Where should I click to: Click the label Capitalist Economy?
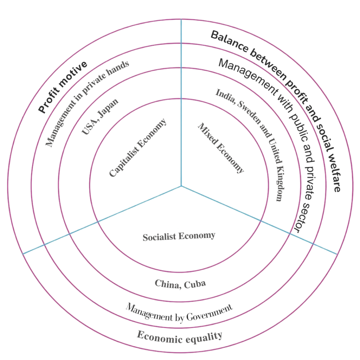[137, 148]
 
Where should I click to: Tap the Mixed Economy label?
[221, 148]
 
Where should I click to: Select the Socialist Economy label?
[179, 237]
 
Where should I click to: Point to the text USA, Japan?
[100, 116]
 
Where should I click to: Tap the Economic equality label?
[179, 337]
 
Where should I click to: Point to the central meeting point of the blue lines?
[181, 186]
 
